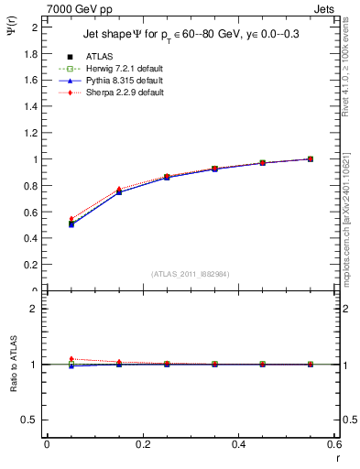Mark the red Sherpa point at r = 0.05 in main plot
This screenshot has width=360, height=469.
tap(71, 219)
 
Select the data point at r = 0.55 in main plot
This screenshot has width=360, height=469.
tap(311, 158)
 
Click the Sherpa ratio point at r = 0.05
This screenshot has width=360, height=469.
tap(71, 359)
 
